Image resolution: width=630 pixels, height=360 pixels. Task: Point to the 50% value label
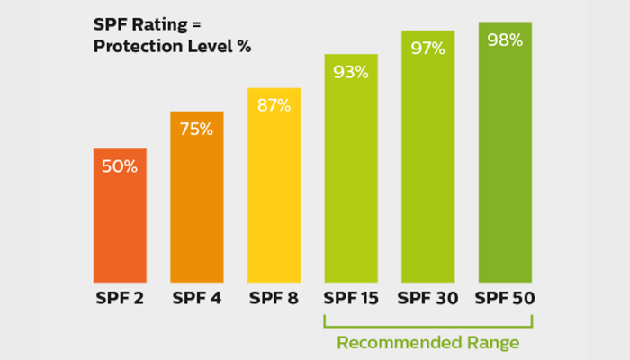[x=120, y=167]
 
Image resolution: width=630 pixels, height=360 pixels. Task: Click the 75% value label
[x=197, y=129]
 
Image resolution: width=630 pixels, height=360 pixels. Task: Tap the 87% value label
[x=274, y=105]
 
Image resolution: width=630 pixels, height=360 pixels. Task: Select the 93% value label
[x=350, y=72]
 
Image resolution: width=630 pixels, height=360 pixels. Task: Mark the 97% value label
[x=427, y=48]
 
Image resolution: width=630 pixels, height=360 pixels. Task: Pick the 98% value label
[x=505, y=40]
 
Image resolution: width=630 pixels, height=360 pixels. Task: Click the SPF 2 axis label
[x=120, y=298]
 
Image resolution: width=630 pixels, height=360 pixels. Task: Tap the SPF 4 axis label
[x=197, y=298]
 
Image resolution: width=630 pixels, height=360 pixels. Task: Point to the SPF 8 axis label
[x=274, y=298]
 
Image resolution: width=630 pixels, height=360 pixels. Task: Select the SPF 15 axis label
[x=350, y=298]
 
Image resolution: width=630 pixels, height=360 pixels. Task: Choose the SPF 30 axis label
[x=427, y=298]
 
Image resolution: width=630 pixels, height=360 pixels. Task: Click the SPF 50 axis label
[x=505, y=298]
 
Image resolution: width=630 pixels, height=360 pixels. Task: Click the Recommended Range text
[x=428, y=342]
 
